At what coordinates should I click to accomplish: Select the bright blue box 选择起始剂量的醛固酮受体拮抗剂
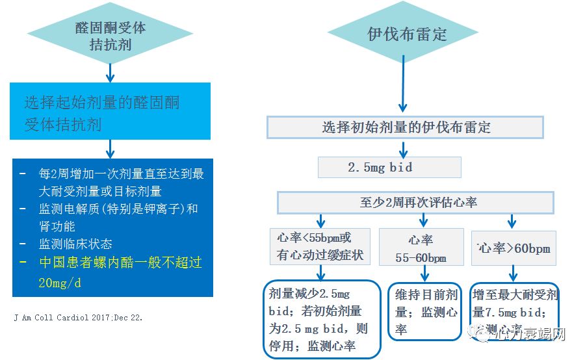[110, 112]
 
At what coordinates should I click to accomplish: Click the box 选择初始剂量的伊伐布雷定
[406, 127]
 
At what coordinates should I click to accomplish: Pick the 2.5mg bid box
[389, 168]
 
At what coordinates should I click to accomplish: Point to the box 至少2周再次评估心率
[419, 202]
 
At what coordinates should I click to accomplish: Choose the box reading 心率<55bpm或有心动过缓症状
[320, 246]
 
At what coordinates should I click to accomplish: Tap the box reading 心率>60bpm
[513, 248]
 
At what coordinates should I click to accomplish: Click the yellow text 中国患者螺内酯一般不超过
[121, 263]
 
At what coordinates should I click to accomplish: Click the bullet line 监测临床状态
[75, 244]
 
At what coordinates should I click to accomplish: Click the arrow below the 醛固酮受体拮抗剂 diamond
[110, 70]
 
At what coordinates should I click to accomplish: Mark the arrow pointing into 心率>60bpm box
[513, 221]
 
